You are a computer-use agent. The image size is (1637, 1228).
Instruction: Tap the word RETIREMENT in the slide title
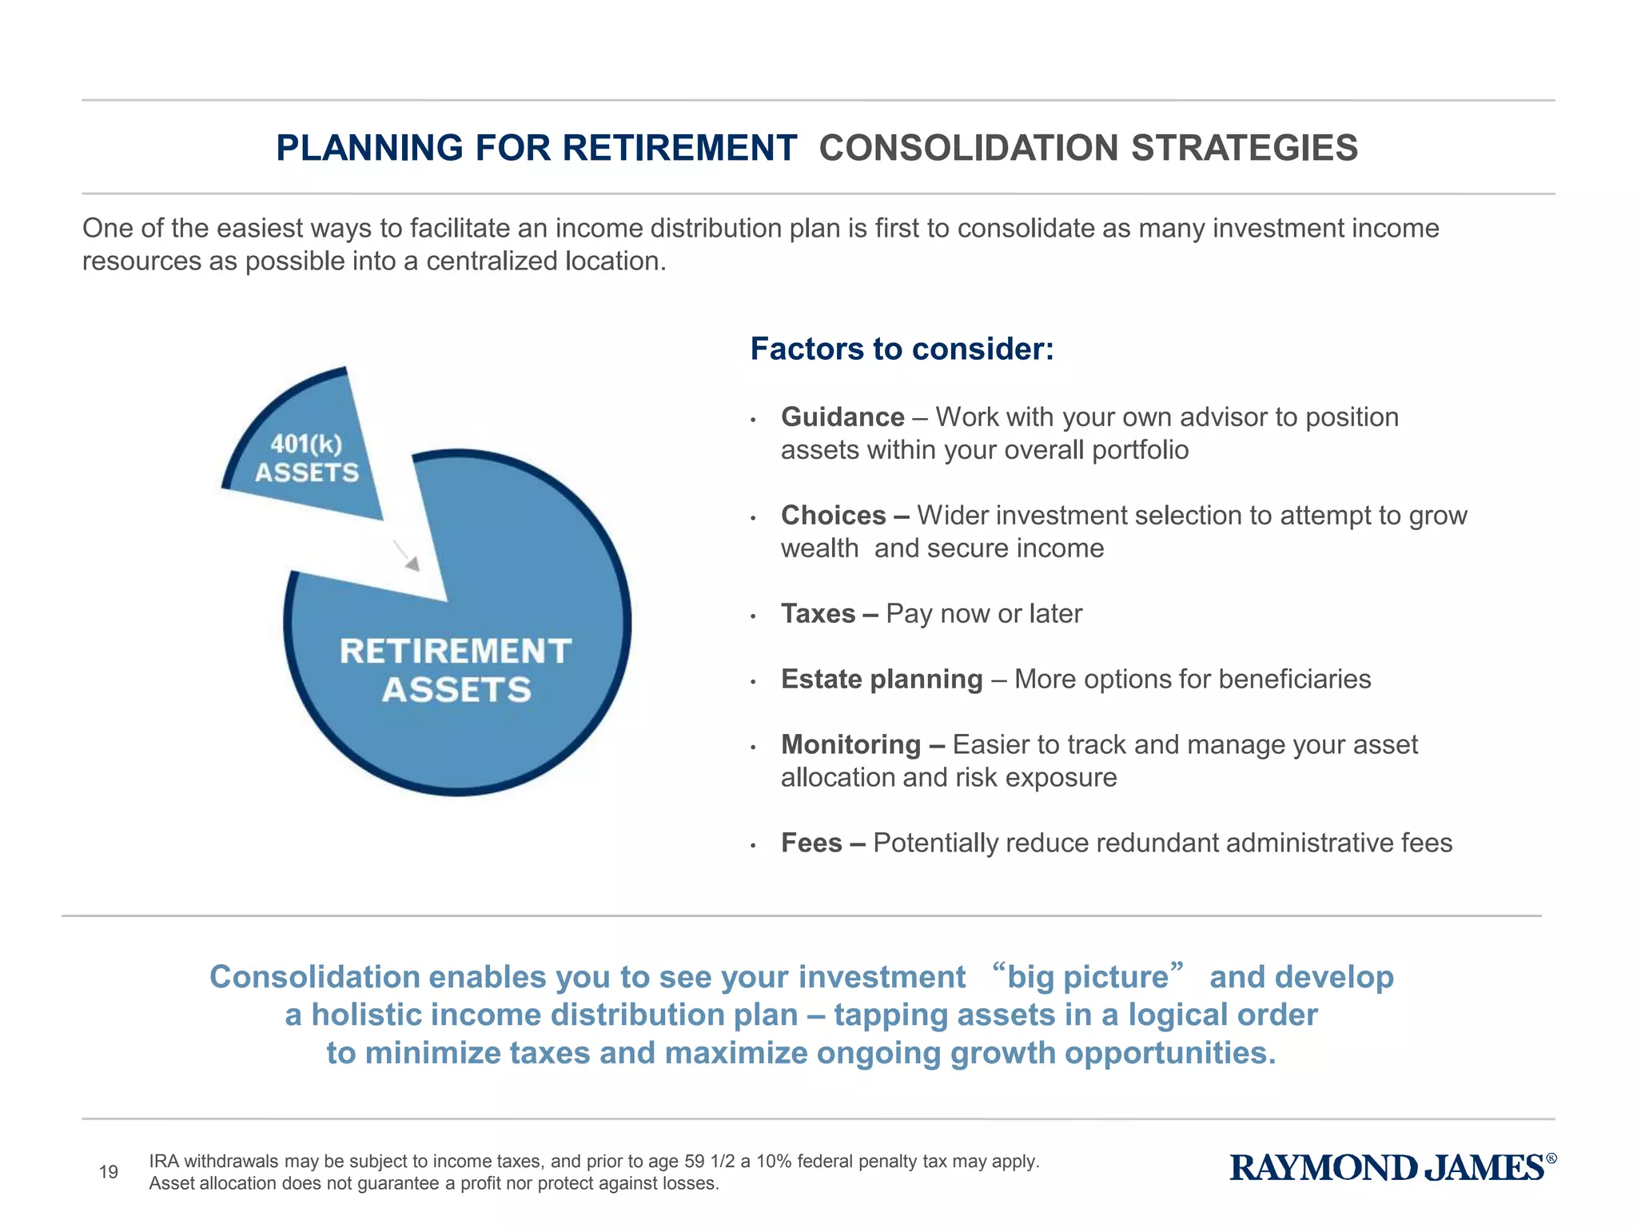679,149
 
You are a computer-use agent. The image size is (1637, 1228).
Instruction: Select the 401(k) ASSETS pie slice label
307,458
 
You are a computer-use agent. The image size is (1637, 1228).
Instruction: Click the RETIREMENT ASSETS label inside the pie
456,670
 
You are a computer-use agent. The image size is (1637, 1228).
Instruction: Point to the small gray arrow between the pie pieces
407,556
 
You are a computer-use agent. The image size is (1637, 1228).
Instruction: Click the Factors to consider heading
902,349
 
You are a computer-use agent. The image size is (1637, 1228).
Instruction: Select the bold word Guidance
842,417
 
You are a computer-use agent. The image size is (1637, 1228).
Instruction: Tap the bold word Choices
833,516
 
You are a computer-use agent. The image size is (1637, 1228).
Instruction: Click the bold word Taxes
818,614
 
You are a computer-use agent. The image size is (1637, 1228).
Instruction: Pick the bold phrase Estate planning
881,680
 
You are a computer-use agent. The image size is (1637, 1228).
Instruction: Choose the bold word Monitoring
850,745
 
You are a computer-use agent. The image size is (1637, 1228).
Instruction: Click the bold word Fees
811,843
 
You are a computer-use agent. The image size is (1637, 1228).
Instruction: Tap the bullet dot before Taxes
753,616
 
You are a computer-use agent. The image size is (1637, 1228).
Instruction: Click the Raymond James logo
1387,1168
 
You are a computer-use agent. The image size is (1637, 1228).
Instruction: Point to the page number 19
109,1172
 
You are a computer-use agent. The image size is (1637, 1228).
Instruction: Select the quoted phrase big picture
1087,977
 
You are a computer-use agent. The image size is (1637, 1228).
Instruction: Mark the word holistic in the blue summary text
364,1015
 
